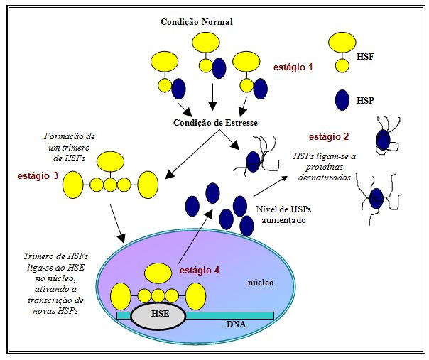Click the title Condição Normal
197,22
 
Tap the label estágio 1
293,67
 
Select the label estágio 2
329,136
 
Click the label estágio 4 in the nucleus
199,270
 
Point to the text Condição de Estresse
215,122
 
